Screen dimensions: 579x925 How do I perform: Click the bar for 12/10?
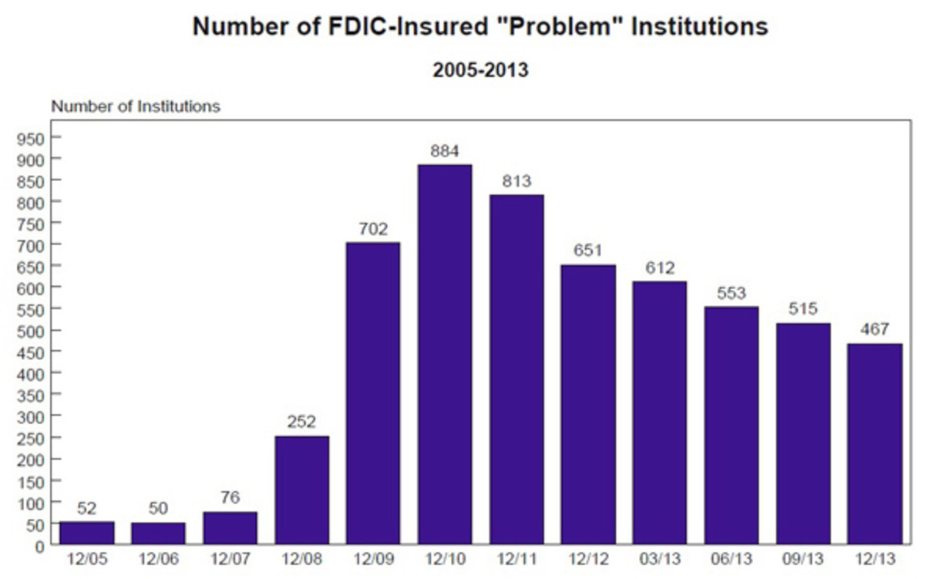[x=445, y=355]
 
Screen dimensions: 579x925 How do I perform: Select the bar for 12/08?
[x=301, y=490]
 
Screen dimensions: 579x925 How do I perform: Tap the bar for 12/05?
[x=86, y=534]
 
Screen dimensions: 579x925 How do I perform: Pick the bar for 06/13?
[x=732, y=426]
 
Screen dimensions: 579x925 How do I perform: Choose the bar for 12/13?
[x=874, y=444]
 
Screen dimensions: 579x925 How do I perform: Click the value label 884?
[x=445, y=150]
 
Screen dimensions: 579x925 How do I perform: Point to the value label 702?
[x=373, y=229]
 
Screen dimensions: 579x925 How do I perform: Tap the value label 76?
[x=230, y=497]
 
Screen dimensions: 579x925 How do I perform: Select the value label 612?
[x=660, y=268]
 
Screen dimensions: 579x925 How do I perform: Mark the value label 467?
[x=874, y=329]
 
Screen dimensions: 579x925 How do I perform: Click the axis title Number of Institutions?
[x=136, y=106]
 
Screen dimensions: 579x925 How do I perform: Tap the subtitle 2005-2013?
[x=480, y=69]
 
